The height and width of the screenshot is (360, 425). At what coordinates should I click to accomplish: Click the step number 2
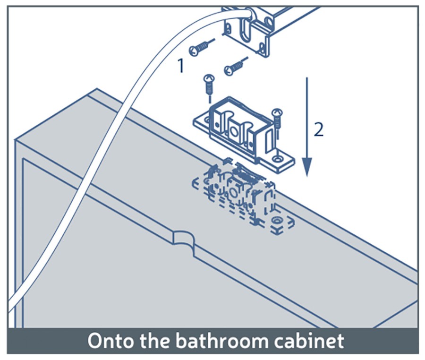[x=318, y=129]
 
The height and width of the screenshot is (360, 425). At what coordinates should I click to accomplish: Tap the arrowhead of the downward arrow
[x=307, y=167]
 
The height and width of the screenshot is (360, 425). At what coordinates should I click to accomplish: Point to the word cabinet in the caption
[x=309, y=340]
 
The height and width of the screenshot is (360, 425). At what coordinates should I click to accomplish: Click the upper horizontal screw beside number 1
[x=202, y=47]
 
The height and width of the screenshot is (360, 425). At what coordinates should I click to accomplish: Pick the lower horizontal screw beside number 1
[x=236, y=66]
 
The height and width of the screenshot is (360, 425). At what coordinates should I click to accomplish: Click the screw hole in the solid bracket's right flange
[x=277, y=159]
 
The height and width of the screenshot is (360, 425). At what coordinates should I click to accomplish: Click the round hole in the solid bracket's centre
[x=233, y=132]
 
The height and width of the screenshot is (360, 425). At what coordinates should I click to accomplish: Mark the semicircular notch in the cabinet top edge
[x=184, y=239]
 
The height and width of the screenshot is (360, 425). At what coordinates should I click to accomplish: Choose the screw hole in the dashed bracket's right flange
[x=277, y=220]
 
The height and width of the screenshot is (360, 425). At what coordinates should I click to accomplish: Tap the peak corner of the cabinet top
[x=97, y=89]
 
